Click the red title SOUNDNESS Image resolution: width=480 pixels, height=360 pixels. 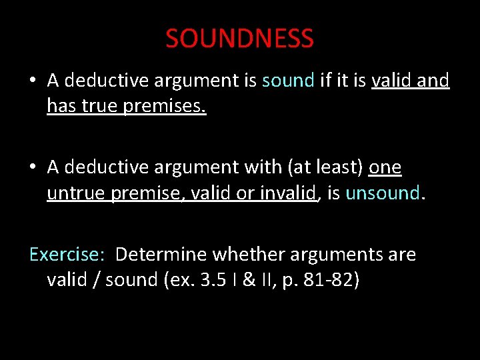(x=239, y=39)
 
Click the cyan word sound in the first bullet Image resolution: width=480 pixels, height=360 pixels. (x=288, y=81)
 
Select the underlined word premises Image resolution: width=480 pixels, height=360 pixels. (x=165, y=105)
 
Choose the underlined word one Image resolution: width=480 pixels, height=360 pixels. (x=385, y=167)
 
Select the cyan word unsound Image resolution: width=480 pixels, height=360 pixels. (x=383, y=193)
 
